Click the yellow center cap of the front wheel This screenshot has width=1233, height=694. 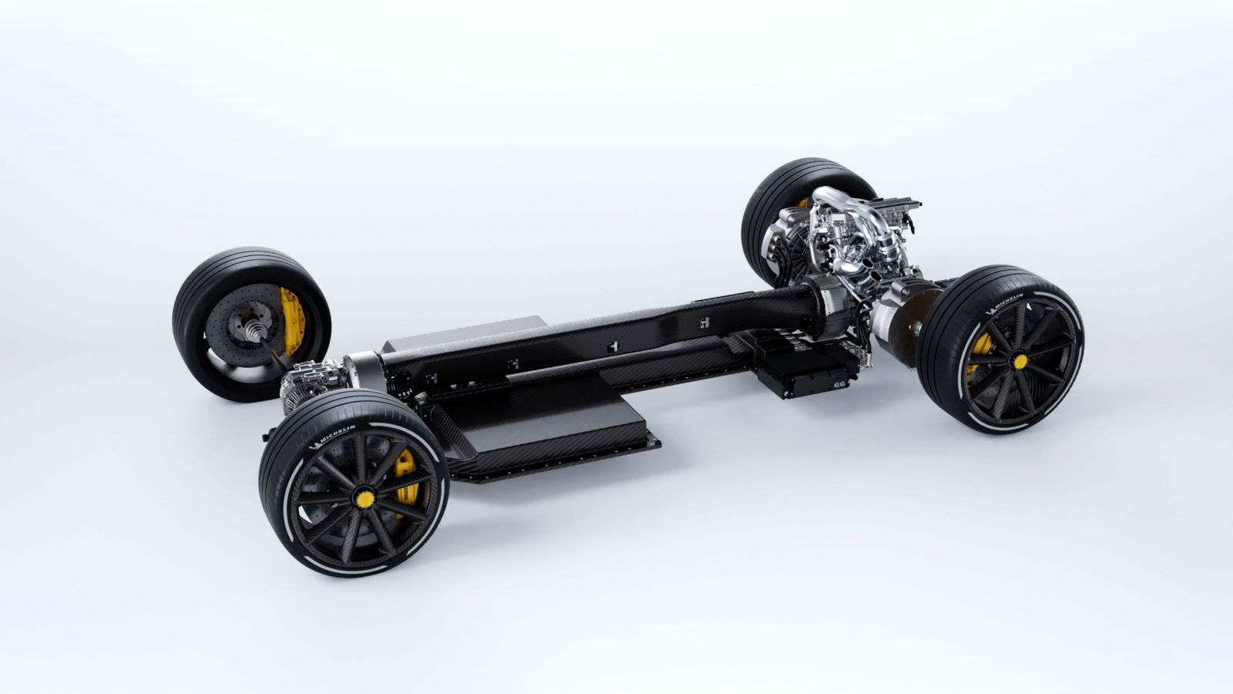point(365,499)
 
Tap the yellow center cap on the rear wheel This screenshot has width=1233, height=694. point(1020,362)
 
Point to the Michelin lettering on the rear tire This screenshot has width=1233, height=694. point(1005,303)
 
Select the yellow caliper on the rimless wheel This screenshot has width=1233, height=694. point(292,321)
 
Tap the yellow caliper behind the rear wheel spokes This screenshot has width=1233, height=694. point(979,352)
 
